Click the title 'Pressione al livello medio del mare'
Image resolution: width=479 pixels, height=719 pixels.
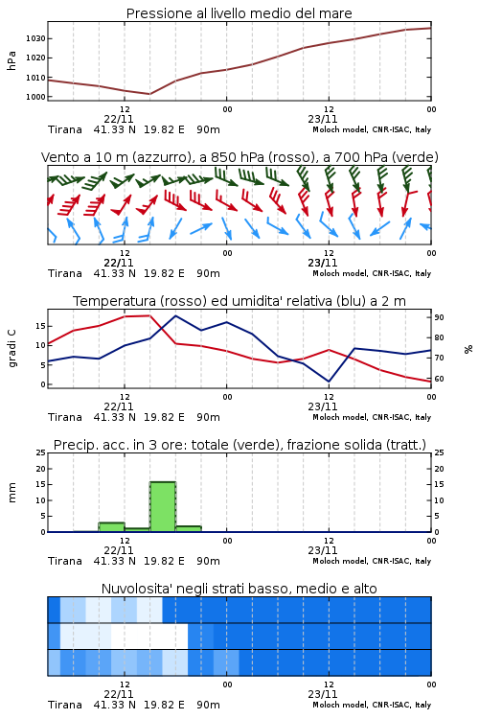pos(239,13)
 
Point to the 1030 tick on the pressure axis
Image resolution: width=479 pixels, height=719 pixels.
pos(35,38)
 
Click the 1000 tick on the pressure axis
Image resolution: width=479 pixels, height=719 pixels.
pos(35,97)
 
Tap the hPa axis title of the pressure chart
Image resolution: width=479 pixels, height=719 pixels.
pos(11,60)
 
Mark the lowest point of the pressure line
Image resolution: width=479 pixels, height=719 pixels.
pos(149,94)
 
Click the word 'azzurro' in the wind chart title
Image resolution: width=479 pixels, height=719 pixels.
pos(160,157)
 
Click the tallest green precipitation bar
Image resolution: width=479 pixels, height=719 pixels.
pos(163,507)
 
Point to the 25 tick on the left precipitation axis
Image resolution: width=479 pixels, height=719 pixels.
pos(40,452)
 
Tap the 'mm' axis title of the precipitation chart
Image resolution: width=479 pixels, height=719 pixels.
pos(11,493)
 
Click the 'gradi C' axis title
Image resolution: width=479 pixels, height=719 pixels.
pos(11,348)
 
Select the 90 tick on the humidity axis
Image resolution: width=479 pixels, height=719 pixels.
pos(439,317)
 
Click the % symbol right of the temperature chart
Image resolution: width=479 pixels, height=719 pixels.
pos(468,349)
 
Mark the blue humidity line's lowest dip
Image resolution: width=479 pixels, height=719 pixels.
pos(329,381)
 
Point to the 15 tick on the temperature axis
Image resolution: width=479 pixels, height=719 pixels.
pos(40,326)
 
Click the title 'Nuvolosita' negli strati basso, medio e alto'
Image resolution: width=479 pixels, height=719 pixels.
pos(239,589)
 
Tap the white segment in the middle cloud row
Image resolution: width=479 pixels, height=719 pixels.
pos(149,636)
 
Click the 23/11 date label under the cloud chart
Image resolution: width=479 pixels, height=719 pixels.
pos(323,694)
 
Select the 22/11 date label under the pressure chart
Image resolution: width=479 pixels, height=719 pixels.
pos(119,119)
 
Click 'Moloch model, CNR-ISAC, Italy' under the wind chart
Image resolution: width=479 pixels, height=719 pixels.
pos(372,273)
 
